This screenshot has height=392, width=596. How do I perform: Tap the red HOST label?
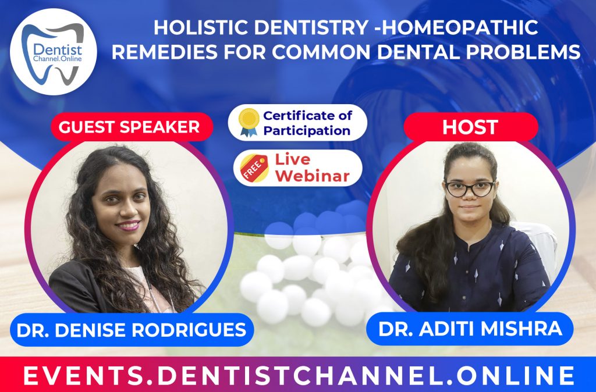pos(470,127)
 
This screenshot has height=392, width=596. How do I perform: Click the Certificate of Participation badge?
pos(297,123)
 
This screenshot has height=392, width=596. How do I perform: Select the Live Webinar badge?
pos(297,168)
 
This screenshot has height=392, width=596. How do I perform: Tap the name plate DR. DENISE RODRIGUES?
pos(131,330)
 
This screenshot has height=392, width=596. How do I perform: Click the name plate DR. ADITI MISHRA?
pos(470,329)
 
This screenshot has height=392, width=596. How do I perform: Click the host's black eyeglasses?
pos(470,188)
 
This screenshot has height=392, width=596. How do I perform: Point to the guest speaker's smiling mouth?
pos(127,224)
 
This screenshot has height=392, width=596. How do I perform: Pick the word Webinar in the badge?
pos(313,175)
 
